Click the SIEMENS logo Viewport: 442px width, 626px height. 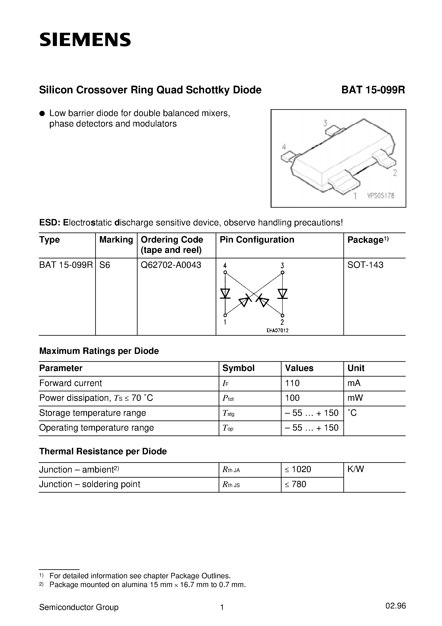pos(85,40)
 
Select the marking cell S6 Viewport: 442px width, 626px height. pos(105,265)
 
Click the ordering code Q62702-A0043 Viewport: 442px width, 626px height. pos(171,265)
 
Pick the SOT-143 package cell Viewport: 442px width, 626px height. pos(365,265)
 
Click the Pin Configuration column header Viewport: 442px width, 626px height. pos(257,240)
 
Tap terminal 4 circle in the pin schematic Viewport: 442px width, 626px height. pos(225,272)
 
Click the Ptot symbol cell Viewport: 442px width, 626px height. pos(228,398)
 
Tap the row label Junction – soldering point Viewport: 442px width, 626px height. pos(90,484)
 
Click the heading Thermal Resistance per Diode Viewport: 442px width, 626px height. pos(103,451)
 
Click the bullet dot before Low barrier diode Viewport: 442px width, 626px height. pos(42,113)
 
